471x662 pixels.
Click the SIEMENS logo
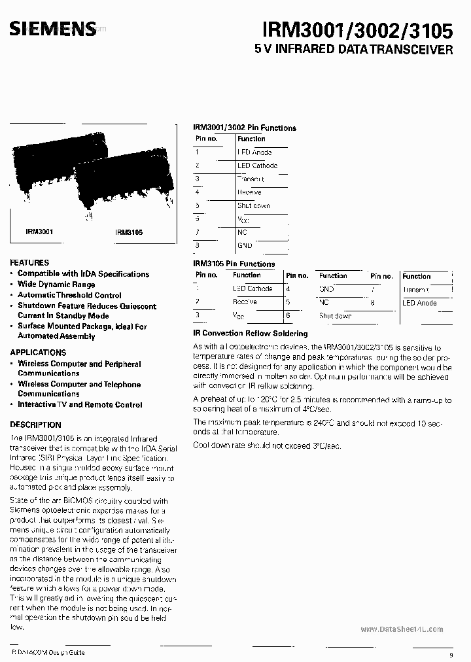pos(52,27)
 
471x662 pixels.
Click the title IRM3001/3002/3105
pos(357,29)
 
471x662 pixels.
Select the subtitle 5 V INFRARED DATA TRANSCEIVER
pos(353,50)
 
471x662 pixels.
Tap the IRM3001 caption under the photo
pos(39,232)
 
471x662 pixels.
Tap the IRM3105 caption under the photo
pos(129,232)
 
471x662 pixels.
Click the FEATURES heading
pos(29,262)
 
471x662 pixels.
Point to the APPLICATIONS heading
pos(38,352)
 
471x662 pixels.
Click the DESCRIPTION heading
pos(36,425)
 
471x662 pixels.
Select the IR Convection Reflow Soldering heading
pos(249,334)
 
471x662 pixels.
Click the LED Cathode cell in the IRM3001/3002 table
pos(257,165)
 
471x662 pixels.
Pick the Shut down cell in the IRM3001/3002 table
pos(254,205)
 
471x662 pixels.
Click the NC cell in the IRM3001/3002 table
pos(242,232)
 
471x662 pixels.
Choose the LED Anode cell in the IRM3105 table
pos(419,303)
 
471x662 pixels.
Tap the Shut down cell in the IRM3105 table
pos(335,315)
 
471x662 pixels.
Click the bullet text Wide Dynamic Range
pos(56,285)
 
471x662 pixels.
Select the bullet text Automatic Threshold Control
pos(69,295)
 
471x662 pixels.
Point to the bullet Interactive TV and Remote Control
pos(80,404)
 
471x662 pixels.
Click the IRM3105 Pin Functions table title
pos(234,264)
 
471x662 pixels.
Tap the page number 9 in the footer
pos(451,655)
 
